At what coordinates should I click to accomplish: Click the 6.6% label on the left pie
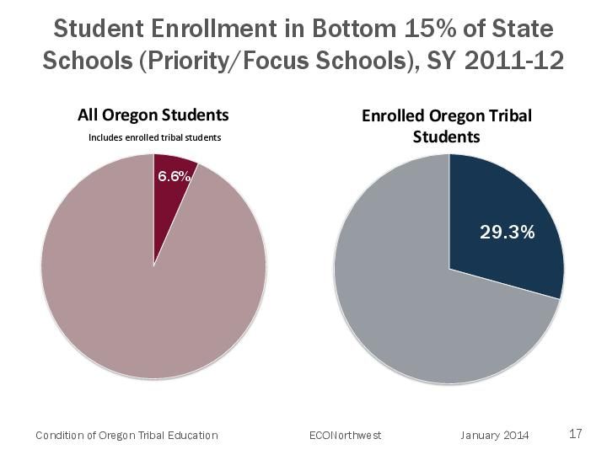[x=174, y=177]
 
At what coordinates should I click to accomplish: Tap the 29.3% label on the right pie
[x=507, y=232]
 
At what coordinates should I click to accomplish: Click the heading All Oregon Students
[x=153, y=115]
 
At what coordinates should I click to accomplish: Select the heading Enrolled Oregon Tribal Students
[x=447, y=126]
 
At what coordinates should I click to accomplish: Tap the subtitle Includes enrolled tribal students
[x=154, y=137]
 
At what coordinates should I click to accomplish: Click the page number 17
[x=576, y=434]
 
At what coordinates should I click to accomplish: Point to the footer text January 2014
[x=495, y=436]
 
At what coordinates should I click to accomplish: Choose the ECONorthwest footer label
[x=346, y=436]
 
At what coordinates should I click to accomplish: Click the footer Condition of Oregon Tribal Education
[x=126, y=436]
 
